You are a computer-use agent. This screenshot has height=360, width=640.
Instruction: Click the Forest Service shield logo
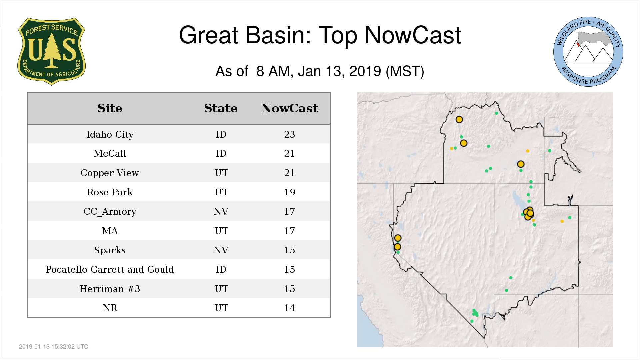click(51, 51)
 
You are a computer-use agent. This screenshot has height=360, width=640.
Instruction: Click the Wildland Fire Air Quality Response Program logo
click(588, 52)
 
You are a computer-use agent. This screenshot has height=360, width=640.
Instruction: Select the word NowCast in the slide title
click(413, 35)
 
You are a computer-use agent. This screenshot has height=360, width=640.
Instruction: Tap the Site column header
click(110, 108)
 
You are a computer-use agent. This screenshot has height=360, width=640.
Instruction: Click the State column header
click(221, 108)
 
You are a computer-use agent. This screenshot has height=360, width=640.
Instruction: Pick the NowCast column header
click(290, 108)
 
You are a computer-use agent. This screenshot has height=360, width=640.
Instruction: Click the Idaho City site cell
click(110, 134)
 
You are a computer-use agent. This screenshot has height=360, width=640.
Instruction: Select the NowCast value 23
click(290, 134)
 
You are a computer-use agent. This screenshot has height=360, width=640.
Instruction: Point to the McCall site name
click(110, 153)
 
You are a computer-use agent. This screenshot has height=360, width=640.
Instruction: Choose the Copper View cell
click(110, 173)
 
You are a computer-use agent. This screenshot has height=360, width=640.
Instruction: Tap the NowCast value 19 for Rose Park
click(290, 192)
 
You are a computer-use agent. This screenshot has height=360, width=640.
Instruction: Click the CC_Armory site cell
click(110, 212)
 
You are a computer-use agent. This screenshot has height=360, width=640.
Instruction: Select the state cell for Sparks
click(221, 250)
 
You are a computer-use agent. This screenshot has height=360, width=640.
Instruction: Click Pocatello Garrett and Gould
click(110, 269)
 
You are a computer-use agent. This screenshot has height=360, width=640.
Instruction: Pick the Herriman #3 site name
click(110, 289)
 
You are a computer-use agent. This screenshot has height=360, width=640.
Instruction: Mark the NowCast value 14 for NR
click(290, 308)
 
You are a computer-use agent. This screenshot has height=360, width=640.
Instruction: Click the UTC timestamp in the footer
click(54, 347)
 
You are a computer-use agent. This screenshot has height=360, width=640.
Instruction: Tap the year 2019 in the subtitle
click(365, 71)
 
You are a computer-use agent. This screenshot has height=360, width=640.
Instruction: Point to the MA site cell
click(110, 231)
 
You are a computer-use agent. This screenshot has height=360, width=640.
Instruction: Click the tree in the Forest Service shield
click(51, 50)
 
